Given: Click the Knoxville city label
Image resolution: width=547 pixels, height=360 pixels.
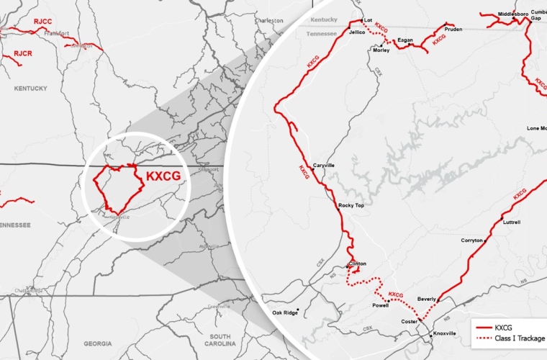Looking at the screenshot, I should (x=445, y=333).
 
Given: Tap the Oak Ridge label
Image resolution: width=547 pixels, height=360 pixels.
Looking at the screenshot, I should (x=284, y=312).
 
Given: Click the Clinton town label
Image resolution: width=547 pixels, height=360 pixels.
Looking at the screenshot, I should (x=358, y=264).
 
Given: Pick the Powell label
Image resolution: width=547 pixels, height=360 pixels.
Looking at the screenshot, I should (x=380, y=305).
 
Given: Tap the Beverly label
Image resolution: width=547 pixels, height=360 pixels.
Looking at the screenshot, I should (x=426, y=298).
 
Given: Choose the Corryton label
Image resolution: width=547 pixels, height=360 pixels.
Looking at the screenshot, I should (x=472, y=240).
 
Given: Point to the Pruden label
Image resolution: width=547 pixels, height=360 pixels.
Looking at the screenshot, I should (x=453, y=30).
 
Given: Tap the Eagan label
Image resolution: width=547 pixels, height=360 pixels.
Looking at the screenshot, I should (x=405, y=40).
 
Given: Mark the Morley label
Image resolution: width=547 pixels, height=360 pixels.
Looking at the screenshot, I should (x=381, y=50).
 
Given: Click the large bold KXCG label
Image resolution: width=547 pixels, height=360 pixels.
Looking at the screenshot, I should (x=163, y=175).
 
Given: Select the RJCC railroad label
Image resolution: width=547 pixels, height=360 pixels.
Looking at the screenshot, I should (x=43, y=22).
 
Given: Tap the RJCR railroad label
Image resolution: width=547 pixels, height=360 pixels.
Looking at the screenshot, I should (x=23, y=53).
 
